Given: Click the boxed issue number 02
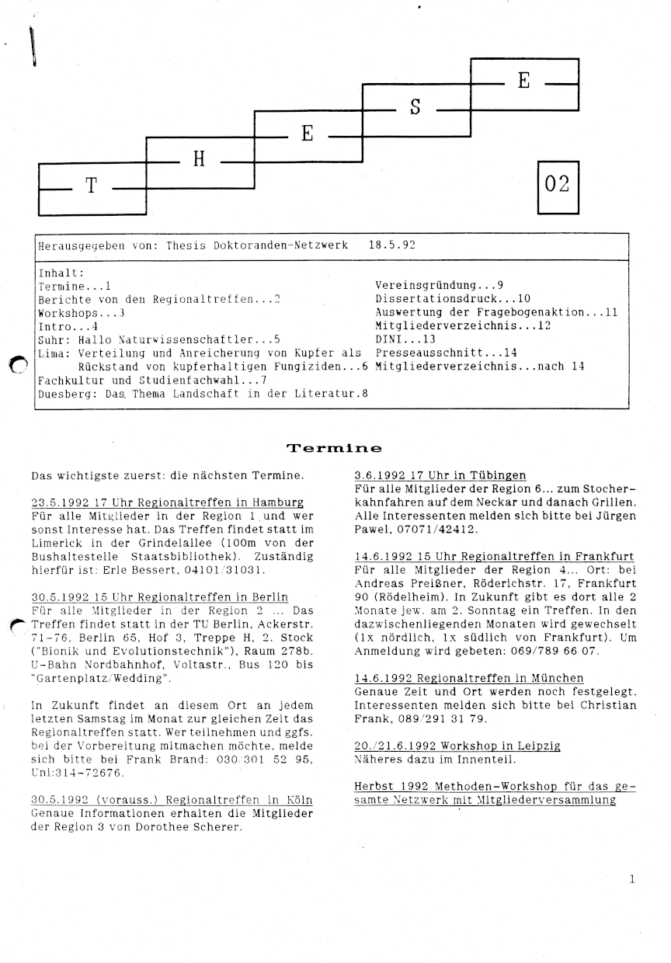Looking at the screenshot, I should pyautogui.click(x=558, y=184).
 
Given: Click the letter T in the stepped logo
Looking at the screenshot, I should pyautogui.click(x=91, y=187).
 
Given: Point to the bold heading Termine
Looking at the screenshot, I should pyautogui.click(x=334, y=448).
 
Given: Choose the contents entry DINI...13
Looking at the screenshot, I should pyautogui.click(x=405, y=339).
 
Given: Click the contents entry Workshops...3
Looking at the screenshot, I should pyautogui.click(x=82, y=312).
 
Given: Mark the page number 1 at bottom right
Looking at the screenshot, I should pyautogui.click(x=632, y=880).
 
